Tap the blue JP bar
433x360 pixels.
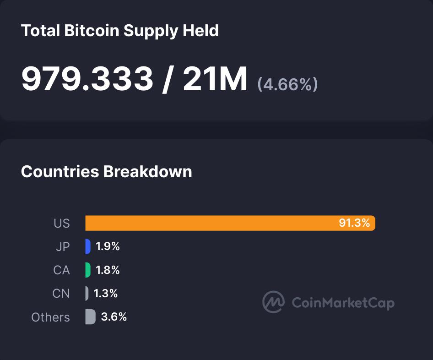click(x=88, y=246)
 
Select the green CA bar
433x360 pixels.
click(x=88, y=270)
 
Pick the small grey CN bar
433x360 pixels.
click(x=87, y=293)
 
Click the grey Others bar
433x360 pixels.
click(x=90, y=316)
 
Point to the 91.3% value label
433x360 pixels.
click(x=354, y=223)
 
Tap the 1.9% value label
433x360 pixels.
click(x=108, y=246)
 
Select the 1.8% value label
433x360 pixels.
click(x=108, y=270)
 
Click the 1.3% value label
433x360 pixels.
click(x=106, y=293)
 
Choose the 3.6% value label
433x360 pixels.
click(x=114, y=316)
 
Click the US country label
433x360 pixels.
click(x=62, y=224)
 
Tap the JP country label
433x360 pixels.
click(x=63, y=247)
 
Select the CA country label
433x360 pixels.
click(x=61, y=270)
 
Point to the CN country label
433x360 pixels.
click(x=61, y=294)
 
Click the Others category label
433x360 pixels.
click(x=50, y=317)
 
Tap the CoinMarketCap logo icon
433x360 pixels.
click(x=273, y=302)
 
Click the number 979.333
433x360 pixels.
click(x=87, y=79)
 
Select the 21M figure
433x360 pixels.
click(x=215, y=79)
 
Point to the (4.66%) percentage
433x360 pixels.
click(x=287, y=84)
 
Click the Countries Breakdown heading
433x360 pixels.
click(x=106, y=171)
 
